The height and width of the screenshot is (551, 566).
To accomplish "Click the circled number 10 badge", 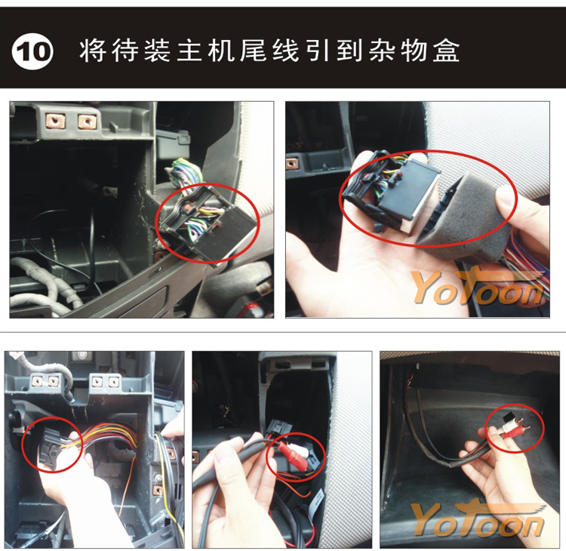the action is point(32,51).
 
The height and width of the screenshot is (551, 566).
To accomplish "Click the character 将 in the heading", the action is point(93,50).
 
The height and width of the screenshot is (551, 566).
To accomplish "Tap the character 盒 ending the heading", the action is point(446,50).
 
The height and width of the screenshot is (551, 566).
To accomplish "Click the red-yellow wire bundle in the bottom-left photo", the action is point(108,436).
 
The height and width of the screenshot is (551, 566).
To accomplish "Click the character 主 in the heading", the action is point(189,50).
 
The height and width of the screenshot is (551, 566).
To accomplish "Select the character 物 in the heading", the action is point(414,50).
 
